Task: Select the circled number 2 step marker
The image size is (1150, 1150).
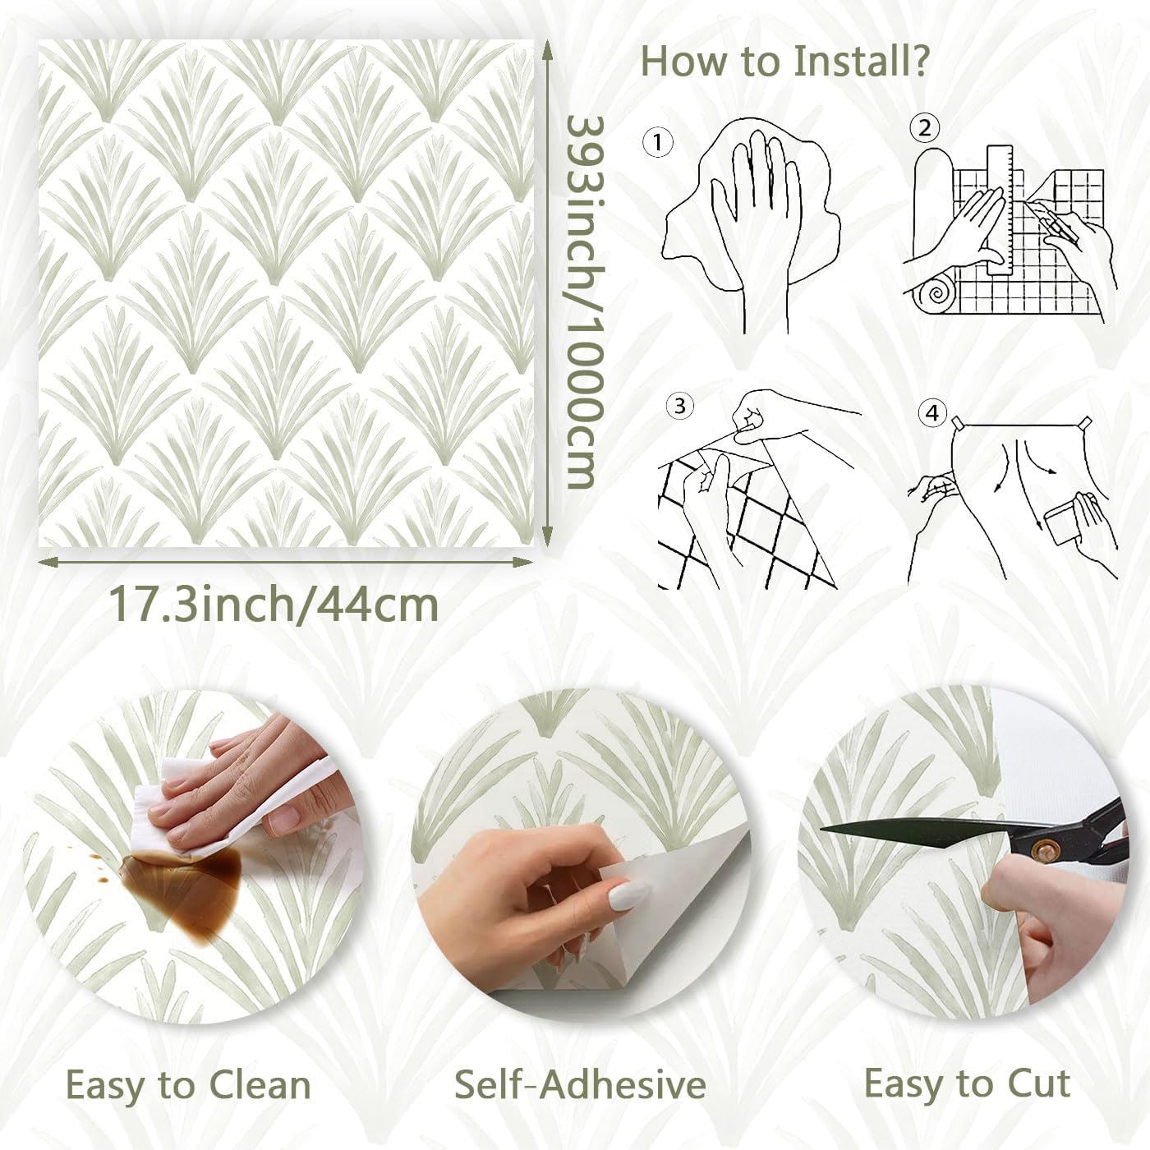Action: click(925, 128)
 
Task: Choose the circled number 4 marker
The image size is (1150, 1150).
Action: click(931, 412)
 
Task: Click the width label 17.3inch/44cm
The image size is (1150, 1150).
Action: click(274, 605)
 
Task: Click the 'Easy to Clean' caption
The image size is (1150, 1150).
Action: click(188, 1085)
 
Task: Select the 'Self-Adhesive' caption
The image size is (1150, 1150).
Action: click(580, 1085)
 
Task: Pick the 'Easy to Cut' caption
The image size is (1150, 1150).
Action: click(967, 1083)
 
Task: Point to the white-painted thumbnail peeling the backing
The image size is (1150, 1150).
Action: click(628, 894)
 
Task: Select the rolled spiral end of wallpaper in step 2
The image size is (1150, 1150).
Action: click(936, 295)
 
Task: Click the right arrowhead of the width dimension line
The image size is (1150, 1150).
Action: click(526, 562)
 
